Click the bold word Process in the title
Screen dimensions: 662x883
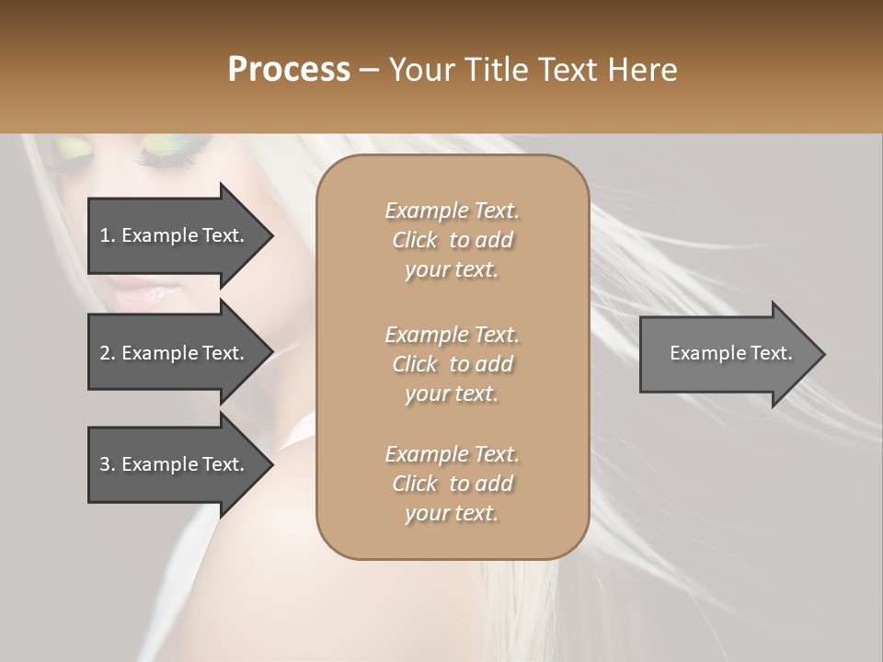(x=289, y=70)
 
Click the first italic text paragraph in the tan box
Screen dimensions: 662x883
(x=453, y=240)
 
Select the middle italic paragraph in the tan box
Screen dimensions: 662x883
(x=453, y=363)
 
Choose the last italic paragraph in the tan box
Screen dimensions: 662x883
(x=453, y=484)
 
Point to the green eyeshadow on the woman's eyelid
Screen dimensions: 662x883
(x=170, y=145)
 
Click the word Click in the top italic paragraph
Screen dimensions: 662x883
(x=415, y=240)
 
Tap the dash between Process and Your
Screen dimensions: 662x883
(x=370, y=71)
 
